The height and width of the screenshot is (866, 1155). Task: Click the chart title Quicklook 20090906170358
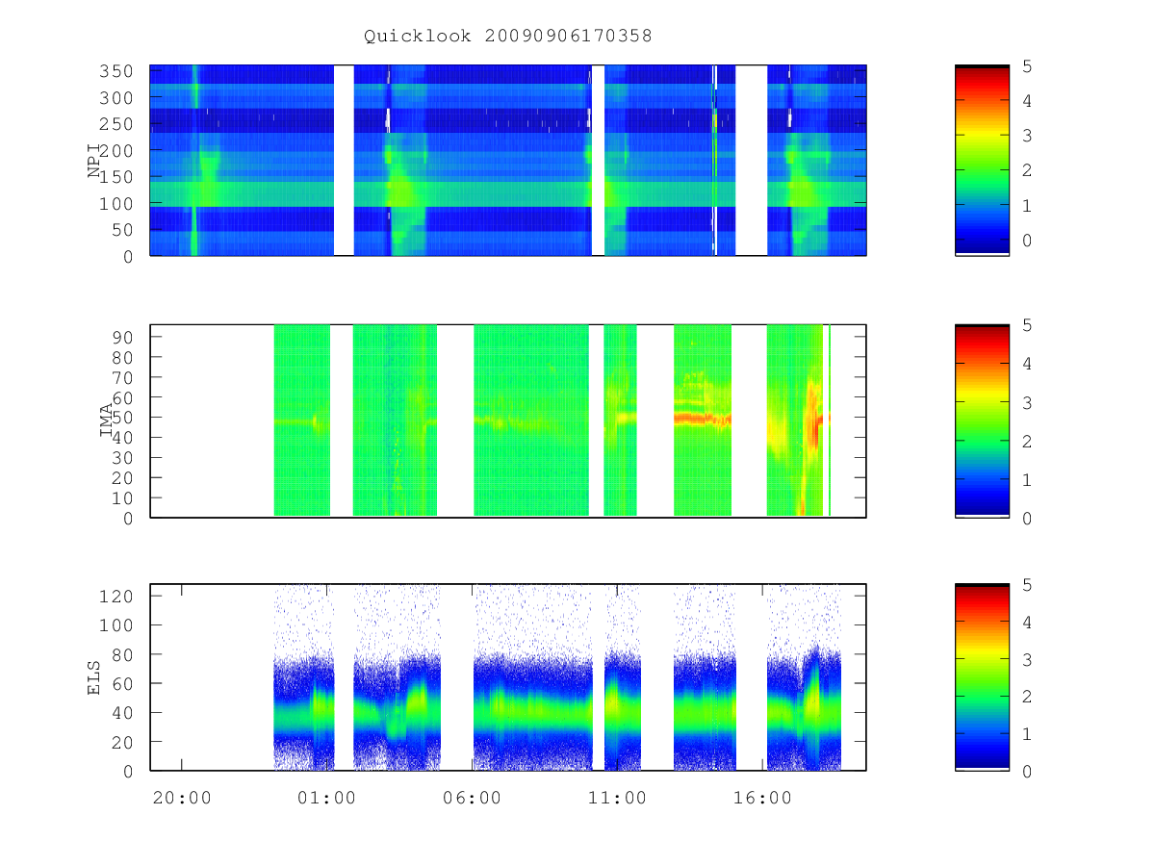click(508, 36)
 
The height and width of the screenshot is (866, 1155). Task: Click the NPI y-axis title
click(94, 161)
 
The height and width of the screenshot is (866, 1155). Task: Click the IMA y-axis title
click(107, 420)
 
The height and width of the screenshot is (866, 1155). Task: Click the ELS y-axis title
click(94, 677)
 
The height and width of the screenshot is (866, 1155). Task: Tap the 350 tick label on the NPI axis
click(115, 71)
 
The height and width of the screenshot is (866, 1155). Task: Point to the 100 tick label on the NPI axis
click(115, 203)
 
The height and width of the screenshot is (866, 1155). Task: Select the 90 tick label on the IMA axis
click(122, 338)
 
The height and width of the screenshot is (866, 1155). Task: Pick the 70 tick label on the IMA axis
click(122, 377)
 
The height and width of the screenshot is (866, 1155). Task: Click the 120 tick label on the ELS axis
click(115, 597)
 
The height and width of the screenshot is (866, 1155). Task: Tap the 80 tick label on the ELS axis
click(122, 654)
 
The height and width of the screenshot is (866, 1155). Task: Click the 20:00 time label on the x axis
click(182, 798)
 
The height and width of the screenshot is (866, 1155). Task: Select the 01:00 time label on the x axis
click(326, 798)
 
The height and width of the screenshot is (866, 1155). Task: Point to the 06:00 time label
click(472, 798)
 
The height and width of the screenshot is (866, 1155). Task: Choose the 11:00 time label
click(617, 798)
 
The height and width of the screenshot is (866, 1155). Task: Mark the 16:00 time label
click(762, 798)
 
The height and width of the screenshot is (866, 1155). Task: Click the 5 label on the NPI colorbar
click(1027, 66)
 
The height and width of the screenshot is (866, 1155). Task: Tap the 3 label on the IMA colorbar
click(1027, 403)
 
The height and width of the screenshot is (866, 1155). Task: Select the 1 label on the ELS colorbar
click(1027, 734)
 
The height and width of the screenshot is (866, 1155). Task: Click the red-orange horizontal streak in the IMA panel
click(702, 419)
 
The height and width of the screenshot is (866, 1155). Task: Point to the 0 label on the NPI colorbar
click(1027, 241)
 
